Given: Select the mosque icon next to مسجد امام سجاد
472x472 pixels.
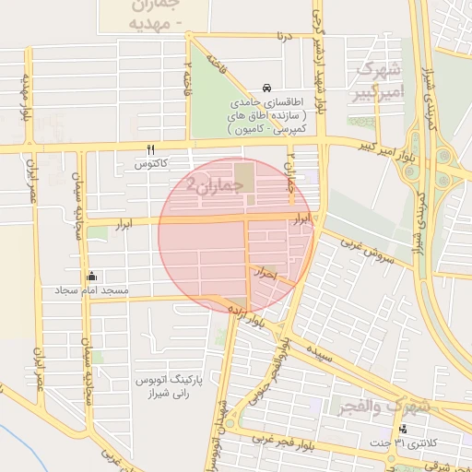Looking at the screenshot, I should (91, 276).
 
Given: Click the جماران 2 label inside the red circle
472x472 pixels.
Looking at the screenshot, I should (216, 183).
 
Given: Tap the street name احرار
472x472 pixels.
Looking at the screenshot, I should (263, 273).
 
